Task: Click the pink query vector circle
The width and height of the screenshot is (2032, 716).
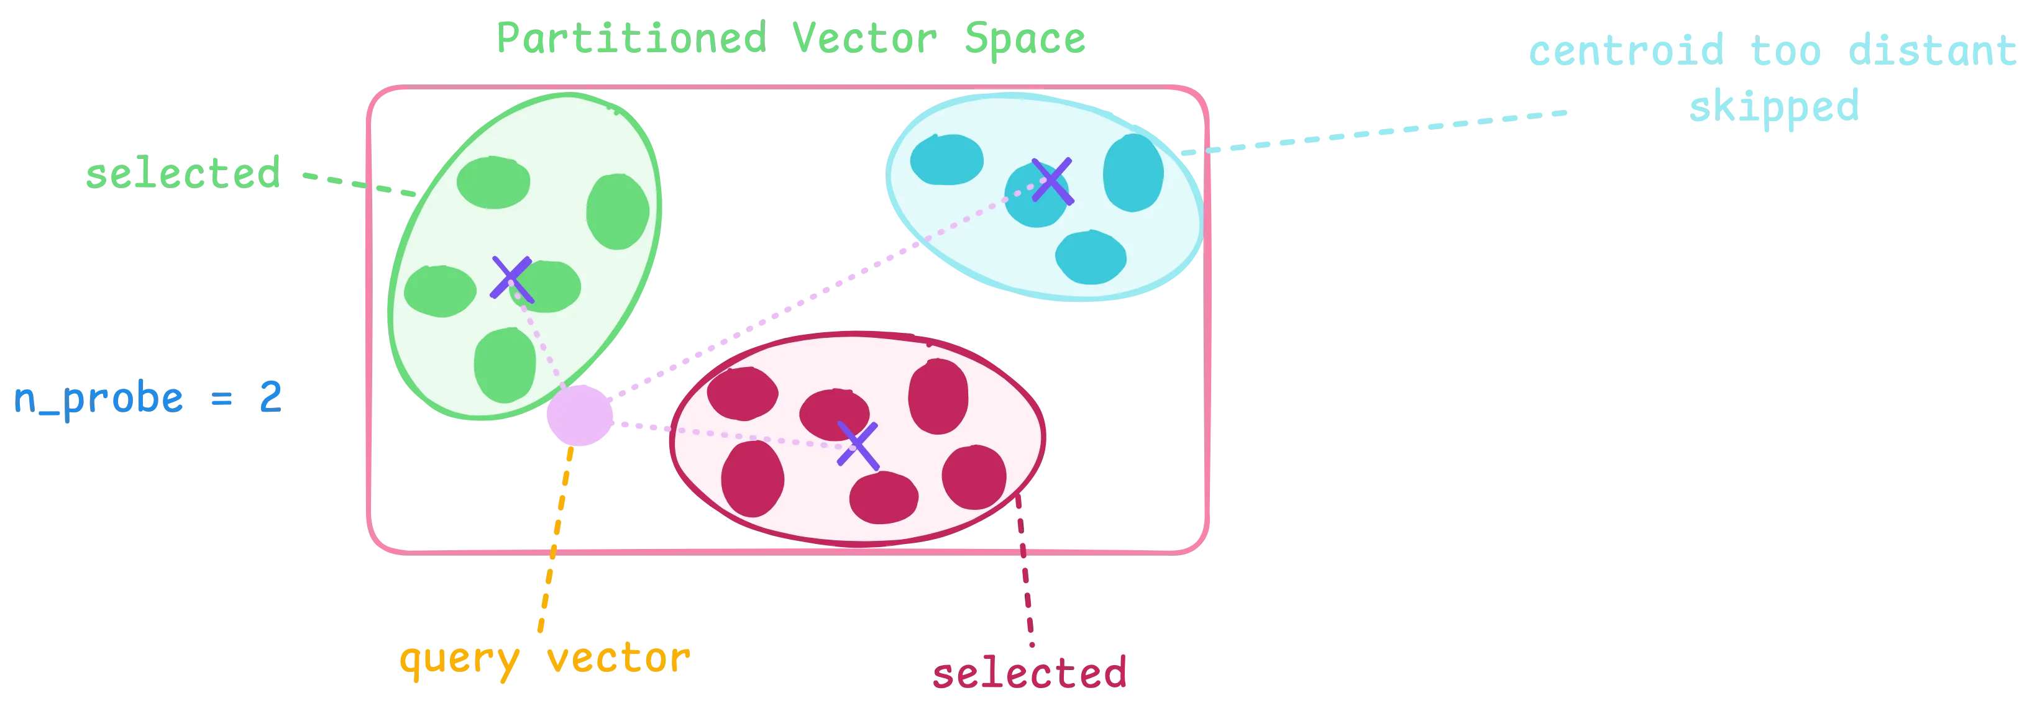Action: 580,415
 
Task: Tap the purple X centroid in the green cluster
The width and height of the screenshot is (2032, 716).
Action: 512,279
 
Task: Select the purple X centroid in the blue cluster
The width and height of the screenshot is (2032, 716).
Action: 1052,181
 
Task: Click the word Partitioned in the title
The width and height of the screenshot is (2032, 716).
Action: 632,39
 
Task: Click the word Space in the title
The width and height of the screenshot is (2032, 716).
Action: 1025,39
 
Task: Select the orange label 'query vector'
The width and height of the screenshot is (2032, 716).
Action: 545,659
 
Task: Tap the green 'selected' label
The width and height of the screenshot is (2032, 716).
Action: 183,173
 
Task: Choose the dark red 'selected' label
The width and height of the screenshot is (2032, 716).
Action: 1030,673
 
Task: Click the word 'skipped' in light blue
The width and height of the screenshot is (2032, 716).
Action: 1773,106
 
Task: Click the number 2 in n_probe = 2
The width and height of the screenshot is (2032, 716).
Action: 270,397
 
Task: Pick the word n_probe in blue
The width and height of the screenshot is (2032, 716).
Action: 99,399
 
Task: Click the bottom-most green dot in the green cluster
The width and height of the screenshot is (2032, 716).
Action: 505,366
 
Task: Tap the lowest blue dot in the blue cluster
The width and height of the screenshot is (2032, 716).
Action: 1091,257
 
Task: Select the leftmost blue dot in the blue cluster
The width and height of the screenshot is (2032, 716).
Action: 946,160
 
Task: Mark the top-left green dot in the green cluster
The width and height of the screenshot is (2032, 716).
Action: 493,182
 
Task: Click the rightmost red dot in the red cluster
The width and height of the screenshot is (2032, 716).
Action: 974,477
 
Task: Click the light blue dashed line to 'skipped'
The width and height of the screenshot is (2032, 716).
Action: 1373,132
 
